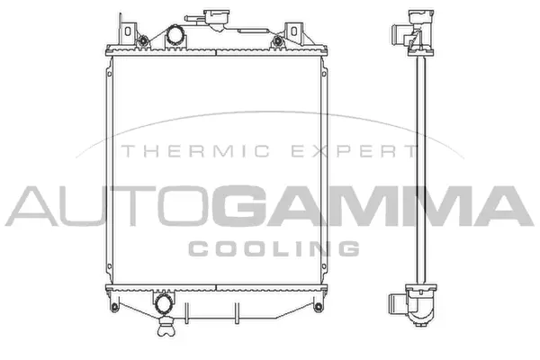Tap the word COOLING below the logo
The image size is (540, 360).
(274, 247)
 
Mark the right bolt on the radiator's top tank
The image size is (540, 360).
(277, 40)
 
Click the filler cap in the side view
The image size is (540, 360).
(418, 15)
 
